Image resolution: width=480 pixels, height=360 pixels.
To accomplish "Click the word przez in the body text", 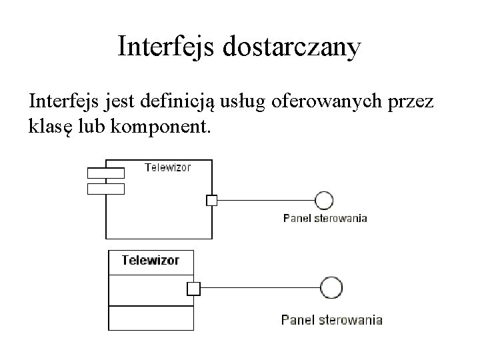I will pyautogui.click(x=417, y=103).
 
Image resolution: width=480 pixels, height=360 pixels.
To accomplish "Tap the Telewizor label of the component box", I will pyautogui.click(x=168, y=167).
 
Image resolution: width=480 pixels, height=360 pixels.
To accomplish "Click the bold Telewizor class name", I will pyautogui.click(x=150, y=260).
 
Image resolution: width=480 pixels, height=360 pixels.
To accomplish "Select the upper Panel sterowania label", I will pyautogui.click(x=325, y=218).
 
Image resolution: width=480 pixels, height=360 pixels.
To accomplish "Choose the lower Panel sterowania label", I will pyautogui.click(x=332, y=320).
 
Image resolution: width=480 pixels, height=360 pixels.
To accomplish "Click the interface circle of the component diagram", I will pyautogui.click(x=325, y=199).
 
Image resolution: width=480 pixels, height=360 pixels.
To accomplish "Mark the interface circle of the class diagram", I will pyautogui.click(x=331, y=288).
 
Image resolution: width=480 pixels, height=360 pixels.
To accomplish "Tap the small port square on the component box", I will pyautogui.click(x=211, y=199).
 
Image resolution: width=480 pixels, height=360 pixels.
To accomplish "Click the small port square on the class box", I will pyautogui.click(x=193, y=288).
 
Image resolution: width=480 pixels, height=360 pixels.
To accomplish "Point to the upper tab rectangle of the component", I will pyautogui.click(x=106, y=173).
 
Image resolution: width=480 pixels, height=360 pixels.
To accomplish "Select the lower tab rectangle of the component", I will pyautogui.click(x=106, y=189).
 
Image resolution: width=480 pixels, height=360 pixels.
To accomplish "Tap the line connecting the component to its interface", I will pyautogui.click(x=267, y=199).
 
